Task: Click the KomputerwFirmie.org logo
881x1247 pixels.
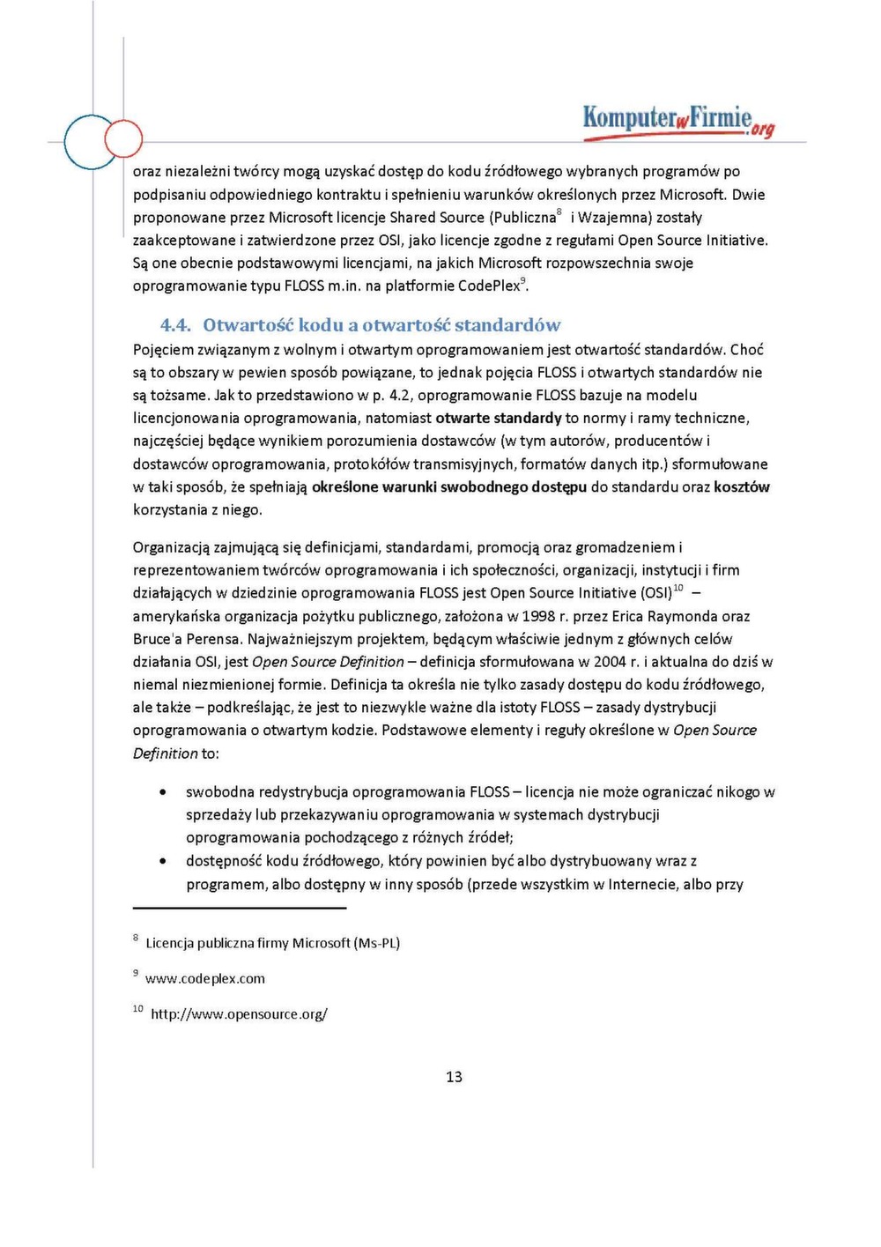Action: pos(677,120)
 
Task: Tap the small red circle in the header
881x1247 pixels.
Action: pos(123,138)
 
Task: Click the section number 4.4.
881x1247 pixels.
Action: pos(175,325)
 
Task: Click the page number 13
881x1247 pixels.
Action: pos(454,1076)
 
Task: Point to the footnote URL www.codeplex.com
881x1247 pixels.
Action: pos(205,978)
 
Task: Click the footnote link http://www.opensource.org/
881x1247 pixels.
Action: pos(239,1013)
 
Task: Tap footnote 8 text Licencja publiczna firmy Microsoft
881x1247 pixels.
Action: pos(272,943)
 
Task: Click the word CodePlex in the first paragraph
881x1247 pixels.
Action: pos(489,286)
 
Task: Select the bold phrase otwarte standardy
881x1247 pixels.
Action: pos(499,418)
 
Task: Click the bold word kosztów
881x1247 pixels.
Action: pos(742,486)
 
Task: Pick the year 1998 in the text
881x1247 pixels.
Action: pos(539,616)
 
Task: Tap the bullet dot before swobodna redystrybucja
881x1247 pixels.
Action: pos(163,792)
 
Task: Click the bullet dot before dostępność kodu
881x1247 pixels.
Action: pos(163,861)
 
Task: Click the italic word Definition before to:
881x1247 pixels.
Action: pos(166,753)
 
